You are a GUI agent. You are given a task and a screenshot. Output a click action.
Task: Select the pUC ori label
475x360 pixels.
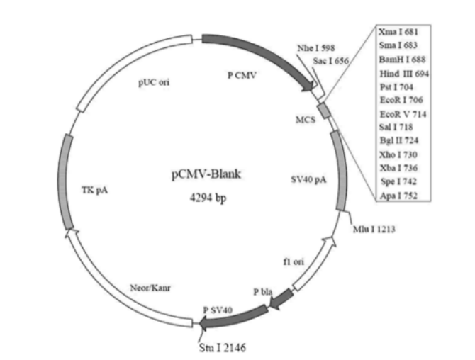coord(153,81)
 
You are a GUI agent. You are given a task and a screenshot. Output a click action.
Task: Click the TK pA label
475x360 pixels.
coord(94,189)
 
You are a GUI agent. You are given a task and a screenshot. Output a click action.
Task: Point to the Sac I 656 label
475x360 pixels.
coord(329,62)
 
